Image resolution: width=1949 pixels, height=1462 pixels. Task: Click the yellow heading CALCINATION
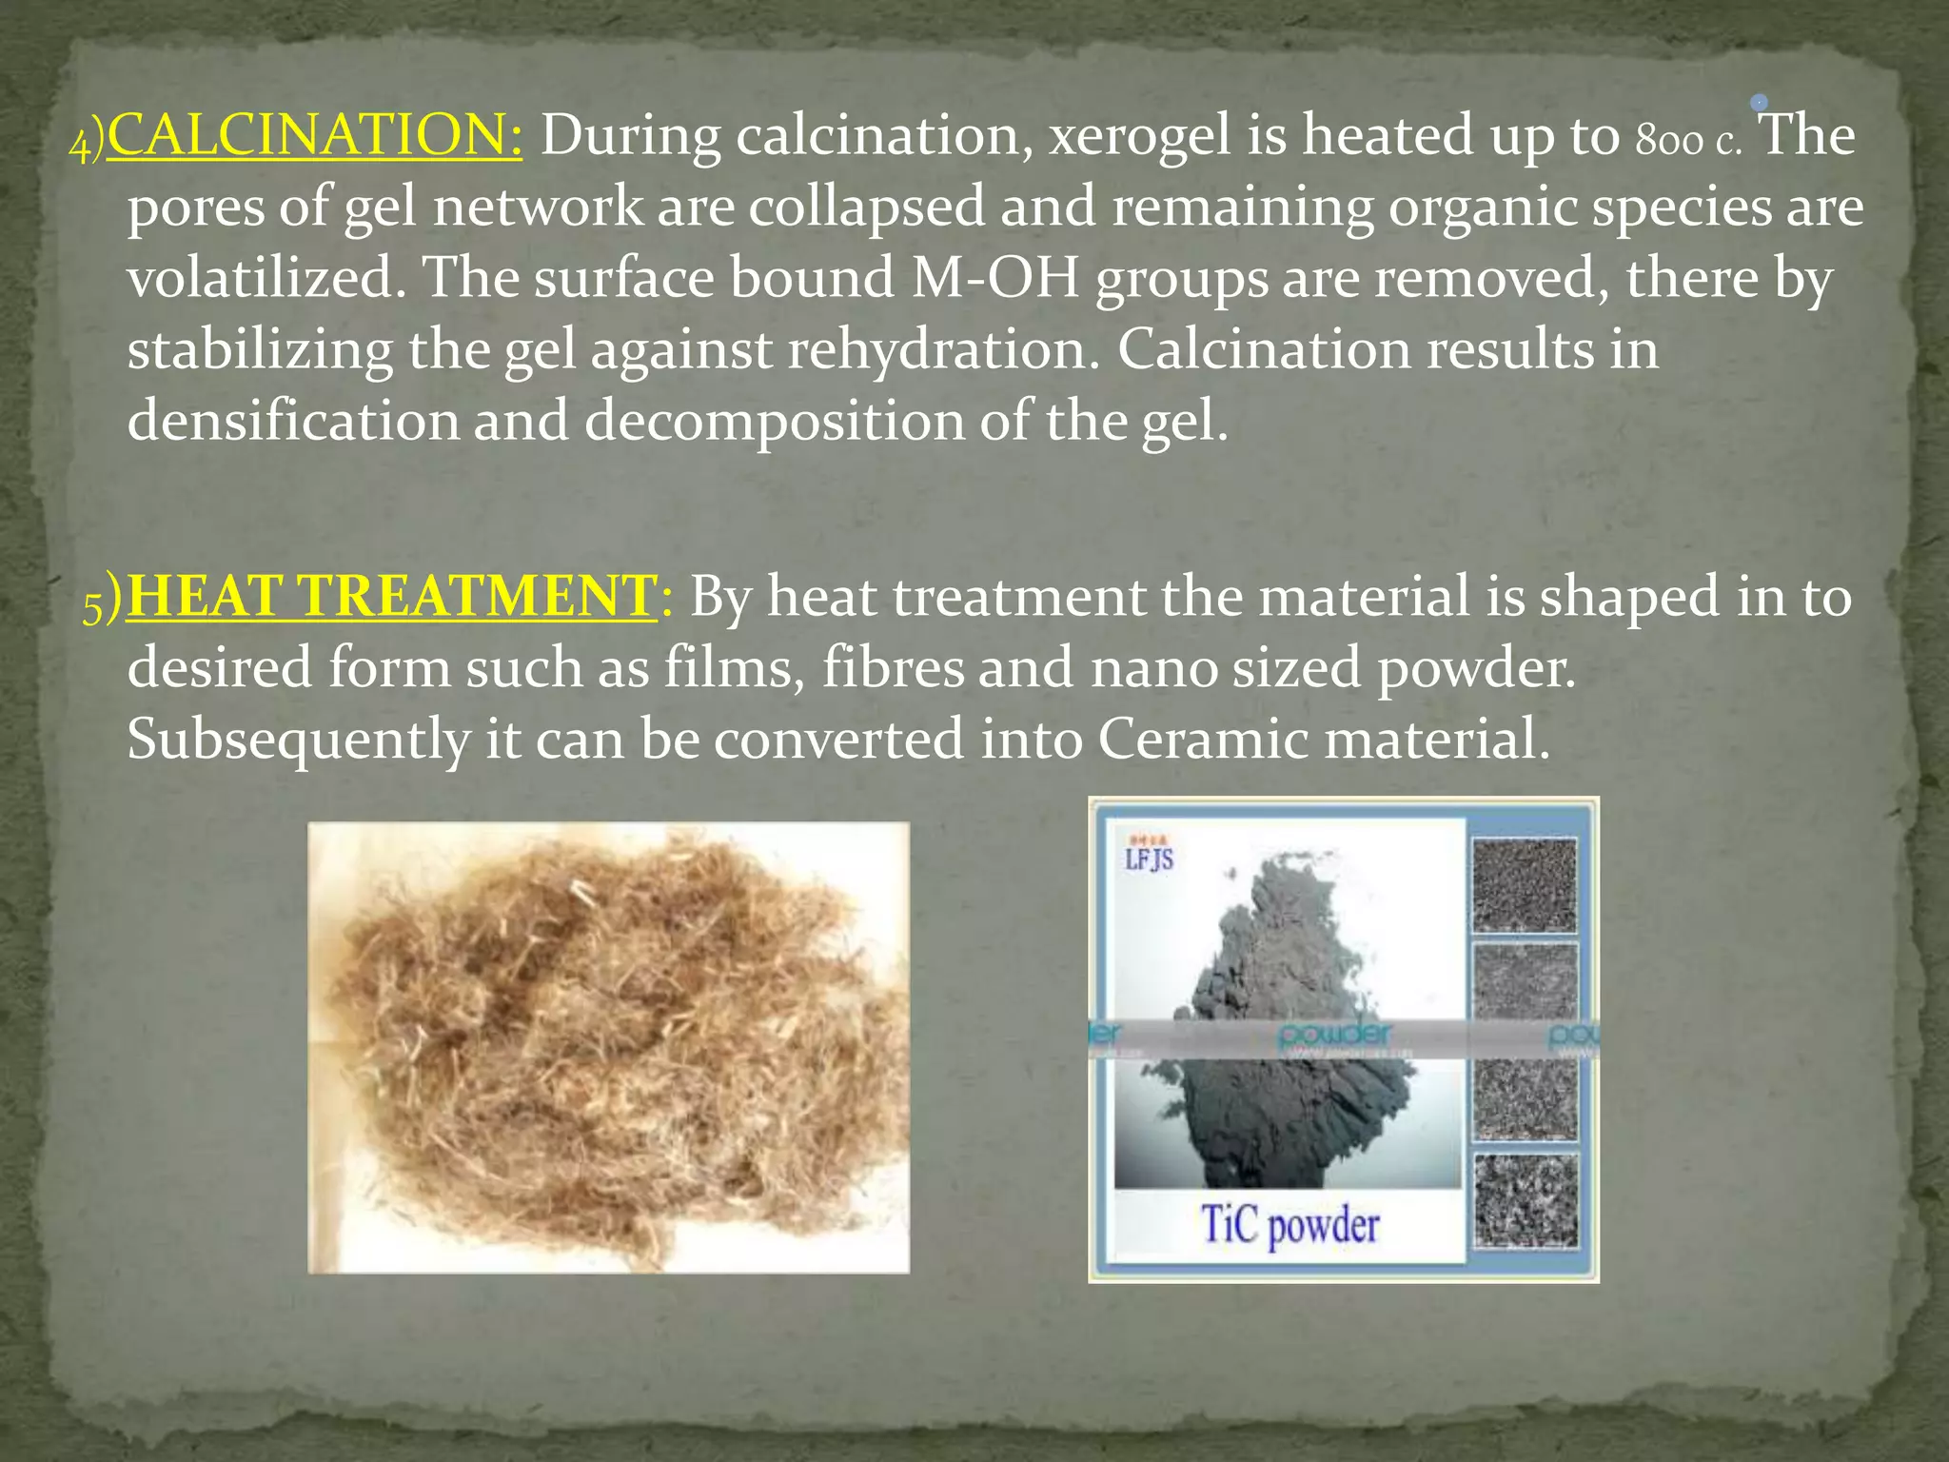coord(315,134)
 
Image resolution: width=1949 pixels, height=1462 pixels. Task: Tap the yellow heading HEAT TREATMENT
coord(391,597)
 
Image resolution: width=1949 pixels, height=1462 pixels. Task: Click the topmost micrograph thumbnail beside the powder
coord(1525,885)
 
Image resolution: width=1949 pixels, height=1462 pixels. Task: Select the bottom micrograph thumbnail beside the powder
coord(1526,1201)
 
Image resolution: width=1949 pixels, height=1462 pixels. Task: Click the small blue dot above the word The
coord(1760,102)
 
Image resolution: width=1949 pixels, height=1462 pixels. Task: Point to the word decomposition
coord(775,421)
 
